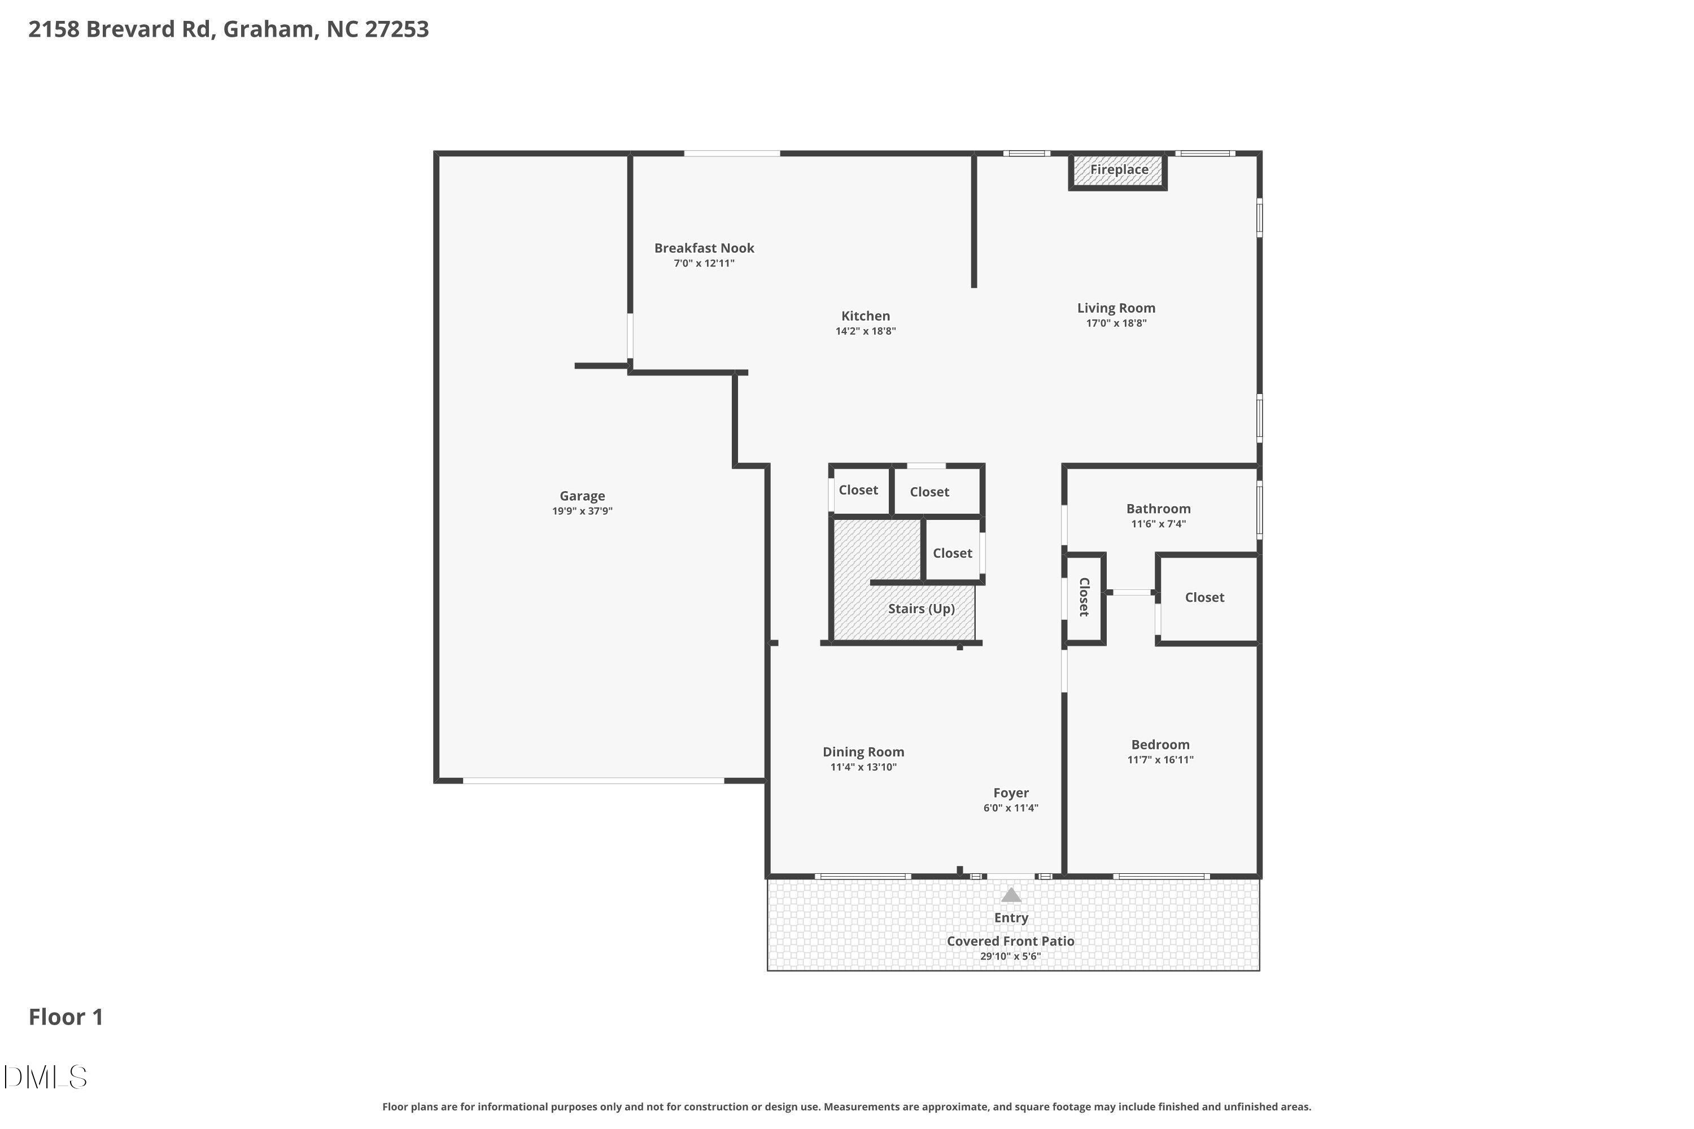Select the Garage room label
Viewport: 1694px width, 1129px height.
click(x=582, y=496)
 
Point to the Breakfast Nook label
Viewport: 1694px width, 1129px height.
click(x=704, y=248)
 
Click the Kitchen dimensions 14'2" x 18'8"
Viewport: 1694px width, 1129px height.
click(x=865, y=331)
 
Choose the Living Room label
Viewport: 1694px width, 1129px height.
click(x=1116, y=308)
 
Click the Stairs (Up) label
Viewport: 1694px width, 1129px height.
click(x=921, y=609)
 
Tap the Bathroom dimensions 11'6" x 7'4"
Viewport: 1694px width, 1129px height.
click(x=1158, y=524)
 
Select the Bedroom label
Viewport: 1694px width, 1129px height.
click(x=1160, y=745)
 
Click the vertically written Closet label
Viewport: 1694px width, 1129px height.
click(x=1084, y=597)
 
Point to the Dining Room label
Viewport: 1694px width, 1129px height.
click(x=863, y=752)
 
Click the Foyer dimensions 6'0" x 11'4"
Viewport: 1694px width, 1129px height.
click(x=1011, y=808)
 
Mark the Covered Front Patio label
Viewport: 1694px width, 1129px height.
click(x=1010, y=942)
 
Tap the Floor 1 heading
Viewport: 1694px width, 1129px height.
click(x=66, y=1017)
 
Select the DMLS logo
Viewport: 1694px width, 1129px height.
click(x=45, y=1078)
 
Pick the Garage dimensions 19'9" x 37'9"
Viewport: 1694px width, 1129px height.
click(x=582, y=512)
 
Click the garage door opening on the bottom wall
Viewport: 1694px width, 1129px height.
click(x=593, y=781)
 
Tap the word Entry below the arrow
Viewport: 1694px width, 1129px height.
click(x=1011, y=918)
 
